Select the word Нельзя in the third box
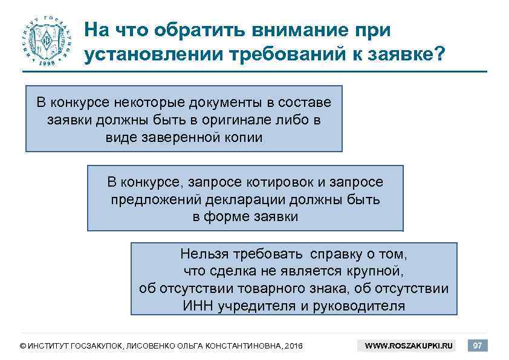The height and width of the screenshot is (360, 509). tap(202, 253)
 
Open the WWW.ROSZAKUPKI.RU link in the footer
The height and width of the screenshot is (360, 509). tap(409, 346)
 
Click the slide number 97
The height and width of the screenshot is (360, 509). tap(478, 346)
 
